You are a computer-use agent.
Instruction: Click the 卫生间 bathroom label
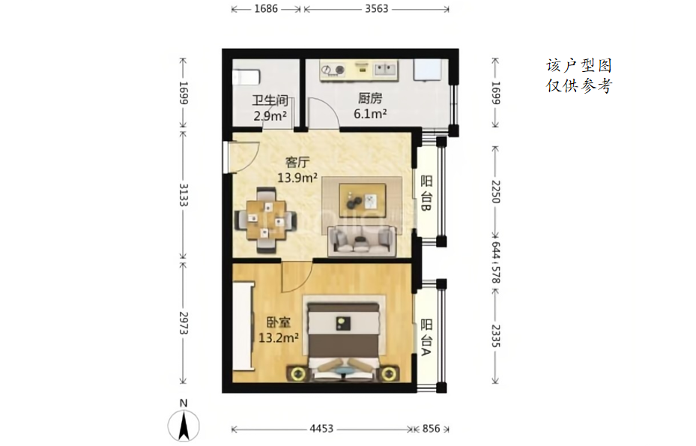click(x=270, y=100)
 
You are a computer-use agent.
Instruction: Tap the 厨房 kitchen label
click(x=370, y=98)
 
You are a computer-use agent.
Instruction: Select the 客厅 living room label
click(x=297, y=162)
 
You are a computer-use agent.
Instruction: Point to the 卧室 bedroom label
click(x=278, y=322)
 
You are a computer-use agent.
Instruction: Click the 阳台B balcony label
click(x=426, y=193)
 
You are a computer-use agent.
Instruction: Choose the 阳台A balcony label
click(x=426, y=337)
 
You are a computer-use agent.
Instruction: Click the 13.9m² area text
click(x=297, y=178)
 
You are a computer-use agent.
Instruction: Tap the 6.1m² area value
click(x=370, y=114)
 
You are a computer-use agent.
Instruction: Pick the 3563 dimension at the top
click(x=376, y=8)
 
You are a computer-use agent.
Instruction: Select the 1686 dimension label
click(x=266, y=8)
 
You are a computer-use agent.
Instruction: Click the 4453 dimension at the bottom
click(x=321, y=429)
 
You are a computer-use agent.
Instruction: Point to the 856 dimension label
click(x=431, y=429)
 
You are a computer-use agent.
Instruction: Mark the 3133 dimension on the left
click(x=184, y=195)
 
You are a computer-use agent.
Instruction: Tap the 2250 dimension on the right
click(x=496, y=191)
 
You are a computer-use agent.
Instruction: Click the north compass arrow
click(x=184, y=426)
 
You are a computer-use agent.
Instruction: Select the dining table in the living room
click(x=265, y=220)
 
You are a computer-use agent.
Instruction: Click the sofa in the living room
click(x=362, y=241)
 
